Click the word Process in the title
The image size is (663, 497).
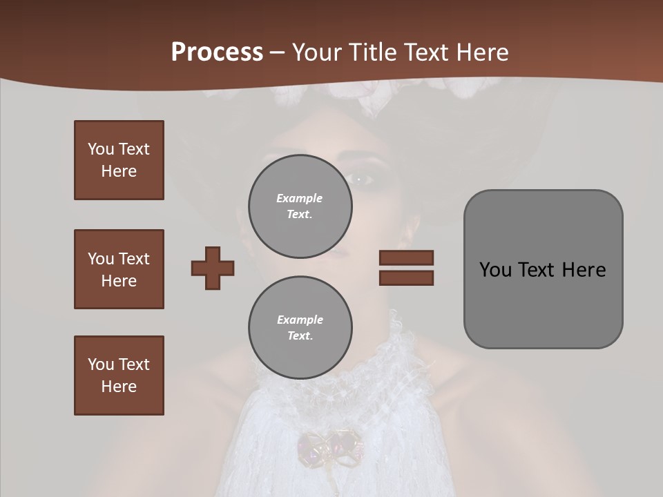click(217, 52)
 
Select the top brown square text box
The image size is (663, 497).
click(119, 160)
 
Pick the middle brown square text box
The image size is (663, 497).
click(119, 269)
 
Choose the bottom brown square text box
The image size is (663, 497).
click(119, 376)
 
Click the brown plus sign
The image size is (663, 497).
click(213, 268)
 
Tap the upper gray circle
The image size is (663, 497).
click(300, 206)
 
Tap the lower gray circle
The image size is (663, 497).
click(300, 328)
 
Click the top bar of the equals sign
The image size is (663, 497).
click(406, 257)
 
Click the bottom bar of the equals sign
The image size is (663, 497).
click(406, 277)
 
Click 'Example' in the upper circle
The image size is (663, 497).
click(299, 198)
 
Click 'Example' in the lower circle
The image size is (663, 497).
click(300, 320)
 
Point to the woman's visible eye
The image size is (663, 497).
click(361, 179)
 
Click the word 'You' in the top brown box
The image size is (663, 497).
click(101, 149)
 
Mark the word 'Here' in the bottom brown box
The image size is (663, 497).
click(119, 387)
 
